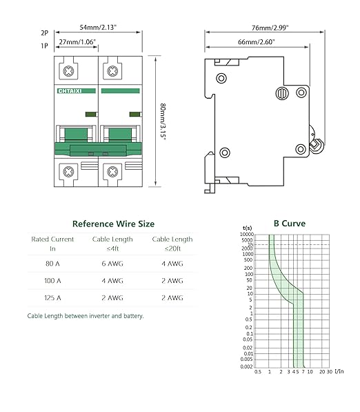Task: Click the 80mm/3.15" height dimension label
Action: [x=163, y=121]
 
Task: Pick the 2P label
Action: [x=44, y=32]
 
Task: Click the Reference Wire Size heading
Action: [x=114, y=224]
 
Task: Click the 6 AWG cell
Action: [x=113, y=264]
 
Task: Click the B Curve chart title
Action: [x=289, y=224]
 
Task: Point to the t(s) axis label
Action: [x=248, y=228]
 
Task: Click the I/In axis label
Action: [x=339, y=372]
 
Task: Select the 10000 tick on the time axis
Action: [x=247, y=235]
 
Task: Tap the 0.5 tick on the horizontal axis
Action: [x=257, y=372]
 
